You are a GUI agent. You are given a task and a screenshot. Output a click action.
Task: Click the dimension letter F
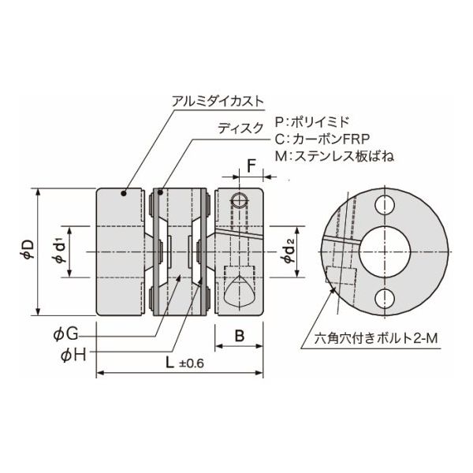[x=251, y=166]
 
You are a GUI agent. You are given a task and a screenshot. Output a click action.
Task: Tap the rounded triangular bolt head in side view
[x=238, y=292]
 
